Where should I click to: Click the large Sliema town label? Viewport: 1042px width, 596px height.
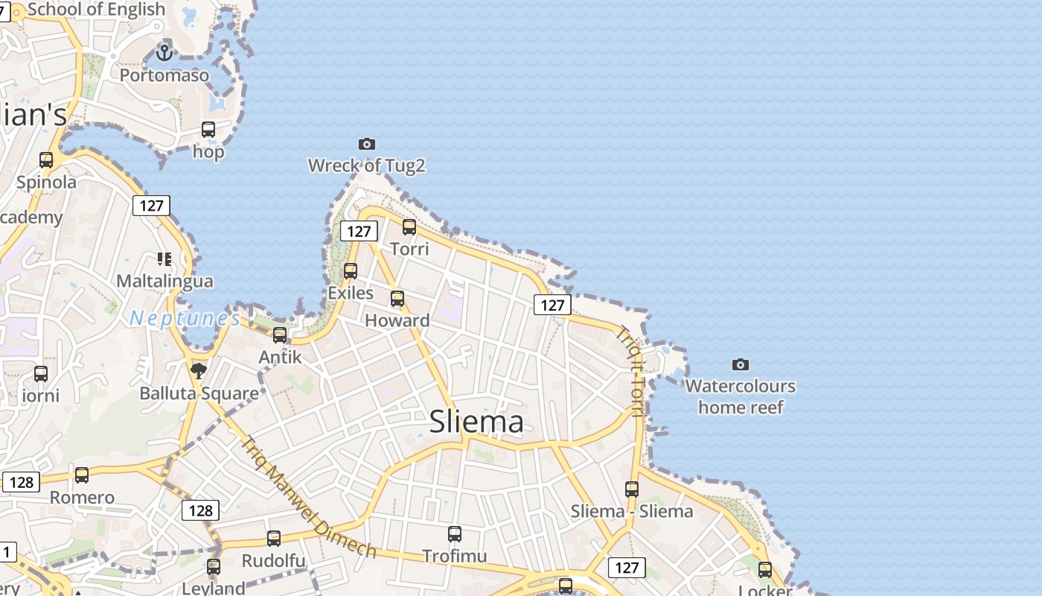tap(476, 422)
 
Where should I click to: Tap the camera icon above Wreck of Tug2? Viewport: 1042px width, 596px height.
tap(367, 144)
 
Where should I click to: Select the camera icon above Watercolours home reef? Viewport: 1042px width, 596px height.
tap(740, 364)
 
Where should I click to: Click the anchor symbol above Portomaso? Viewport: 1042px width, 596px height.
tap(164, 52)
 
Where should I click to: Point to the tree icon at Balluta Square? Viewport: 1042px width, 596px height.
tap(199, 370)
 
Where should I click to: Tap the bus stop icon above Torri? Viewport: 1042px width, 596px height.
tap(409, 227)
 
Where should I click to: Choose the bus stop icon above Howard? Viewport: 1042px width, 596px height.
tap(397, 299)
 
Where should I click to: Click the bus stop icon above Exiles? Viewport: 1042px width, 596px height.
tap(351, 270)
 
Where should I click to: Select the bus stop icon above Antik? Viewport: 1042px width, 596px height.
tap(280, 335)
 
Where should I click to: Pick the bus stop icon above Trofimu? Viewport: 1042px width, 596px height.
tap(455, 533)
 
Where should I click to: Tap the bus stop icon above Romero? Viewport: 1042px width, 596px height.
tap(82, 475)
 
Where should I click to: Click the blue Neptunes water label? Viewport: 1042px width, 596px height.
tap(185, 319)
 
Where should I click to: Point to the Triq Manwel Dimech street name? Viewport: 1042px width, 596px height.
tap(308, 497)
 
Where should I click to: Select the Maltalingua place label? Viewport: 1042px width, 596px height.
tap(164, 281)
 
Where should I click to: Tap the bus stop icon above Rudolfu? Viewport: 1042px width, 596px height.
tap(274, 538)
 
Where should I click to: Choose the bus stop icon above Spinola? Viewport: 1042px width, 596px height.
tap(46, 159)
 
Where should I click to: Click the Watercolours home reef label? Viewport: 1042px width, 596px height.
tap(741, 396)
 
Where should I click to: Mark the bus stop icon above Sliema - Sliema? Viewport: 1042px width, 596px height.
tap(632, 489)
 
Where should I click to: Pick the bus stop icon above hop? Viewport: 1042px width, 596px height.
tap(208, 130)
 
